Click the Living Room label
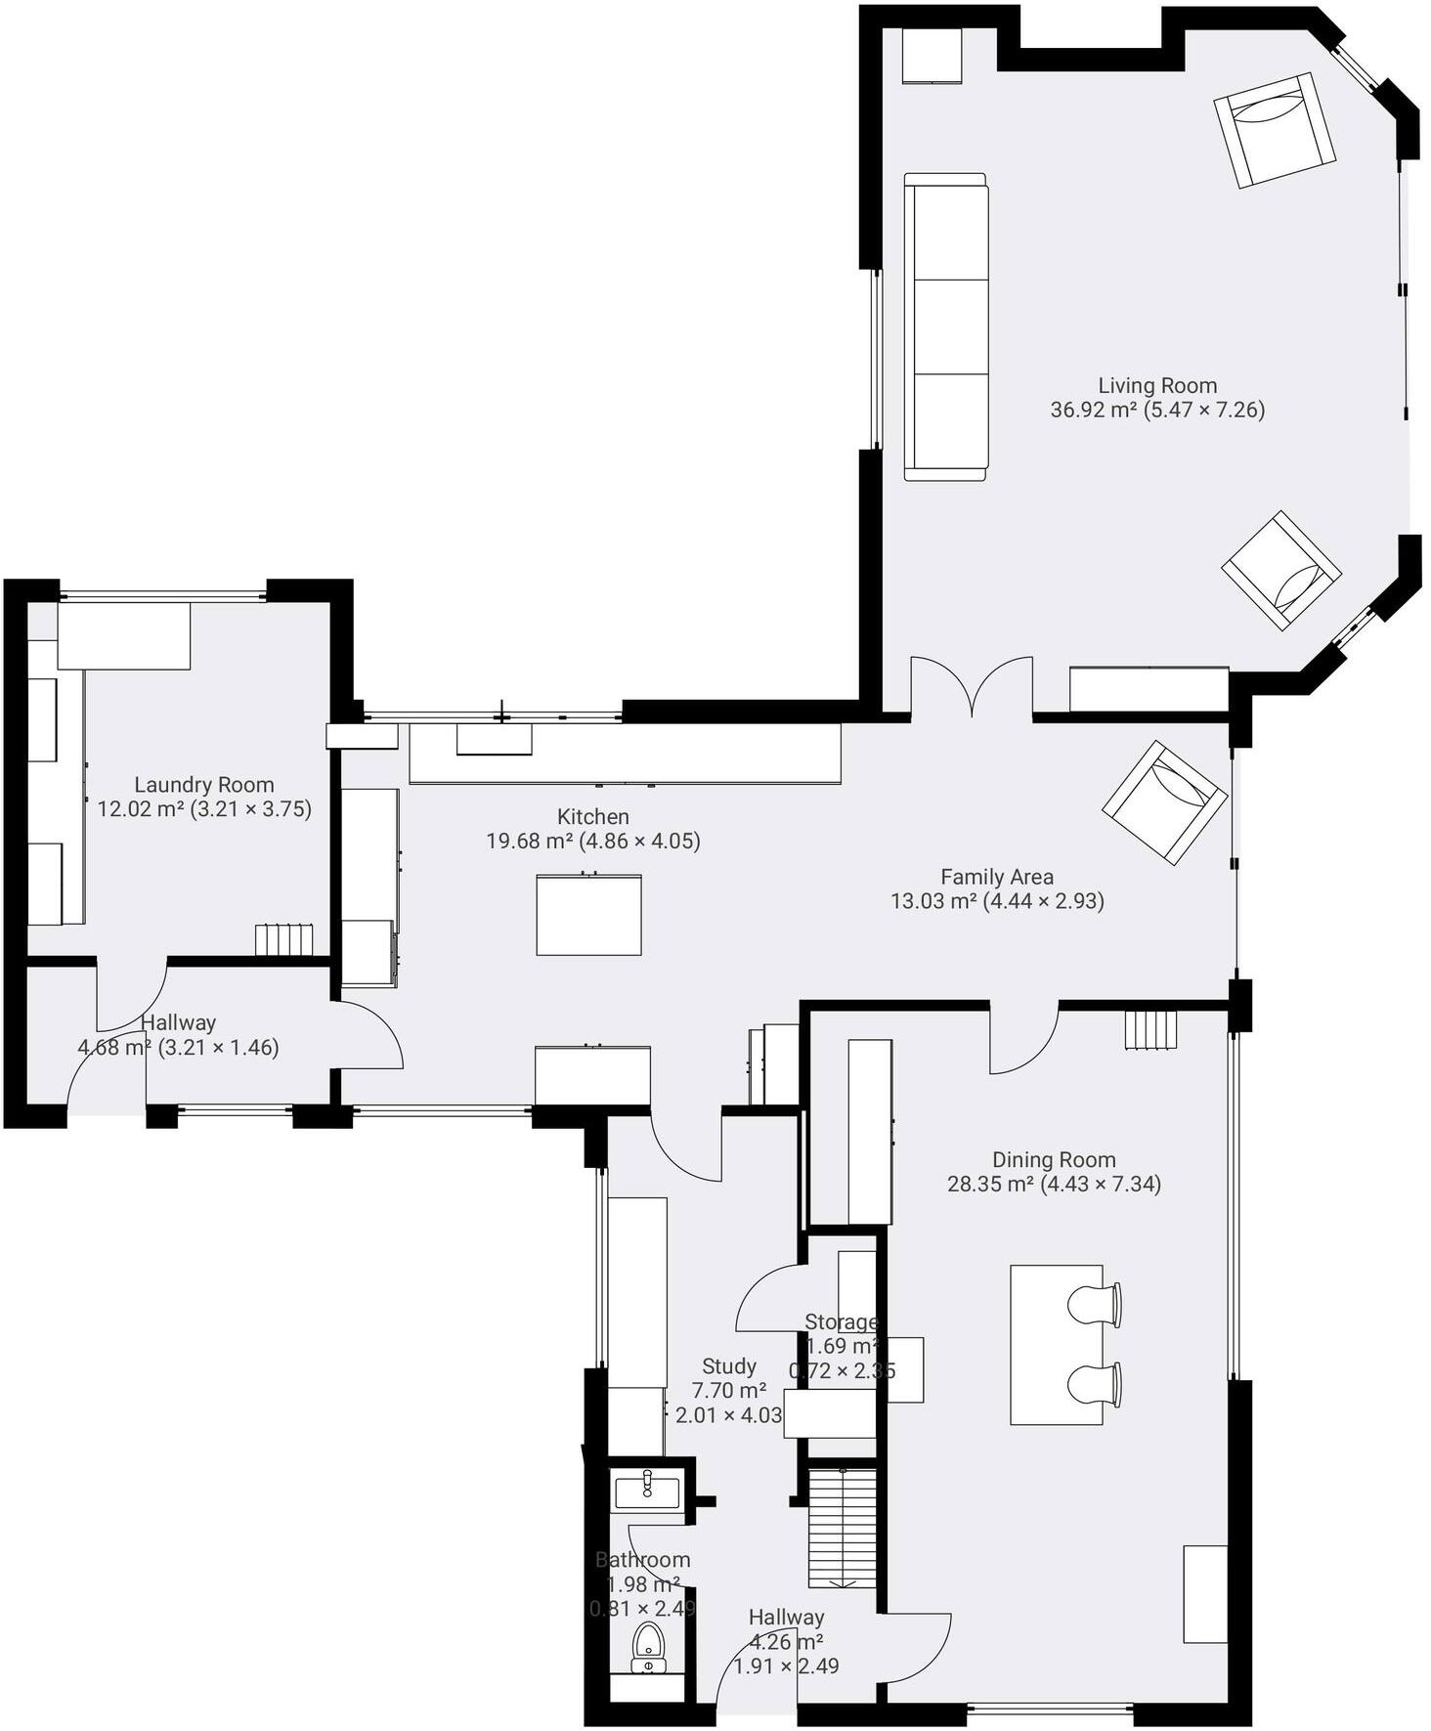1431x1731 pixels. click(x=1157, y=385)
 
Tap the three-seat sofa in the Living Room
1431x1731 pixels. click(x=945, y=327)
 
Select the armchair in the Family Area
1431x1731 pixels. click(x=1164, y=801)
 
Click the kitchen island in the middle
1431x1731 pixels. click(x=588, y=915)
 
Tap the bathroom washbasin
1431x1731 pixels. click(x=646, y=1493)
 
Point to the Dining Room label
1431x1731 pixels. click(x=1054, y=1159)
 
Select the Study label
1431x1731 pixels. click(x=729, y=1365)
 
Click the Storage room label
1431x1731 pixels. click(x=842, y=1321)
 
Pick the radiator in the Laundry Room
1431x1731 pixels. click(x=284, y=940)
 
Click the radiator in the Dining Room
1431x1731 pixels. click(x=1150, y=1029)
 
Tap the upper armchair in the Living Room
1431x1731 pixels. click(x=1275, y=130)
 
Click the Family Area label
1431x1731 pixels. click(x=997, y=877)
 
